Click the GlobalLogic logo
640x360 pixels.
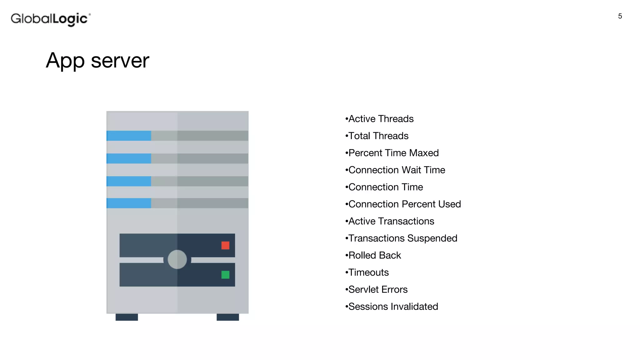51,19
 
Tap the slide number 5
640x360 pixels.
620,16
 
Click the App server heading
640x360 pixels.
97,60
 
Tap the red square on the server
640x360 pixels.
225,245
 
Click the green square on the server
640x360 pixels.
225,275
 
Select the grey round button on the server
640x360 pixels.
177,259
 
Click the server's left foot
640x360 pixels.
127,317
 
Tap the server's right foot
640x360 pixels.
228,317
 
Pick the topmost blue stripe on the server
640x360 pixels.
129,136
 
